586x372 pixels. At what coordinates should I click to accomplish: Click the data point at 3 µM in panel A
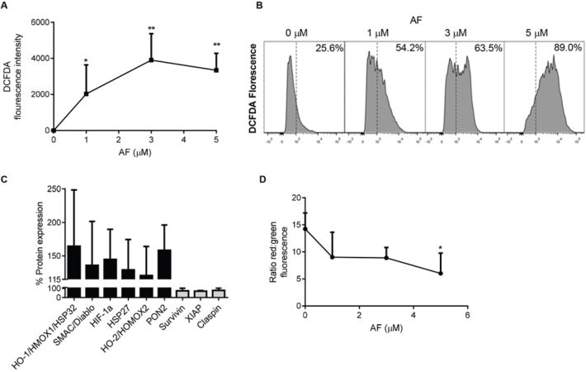pos(151,60)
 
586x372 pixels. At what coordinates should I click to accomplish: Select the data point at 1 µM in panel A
pos(86,93)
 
